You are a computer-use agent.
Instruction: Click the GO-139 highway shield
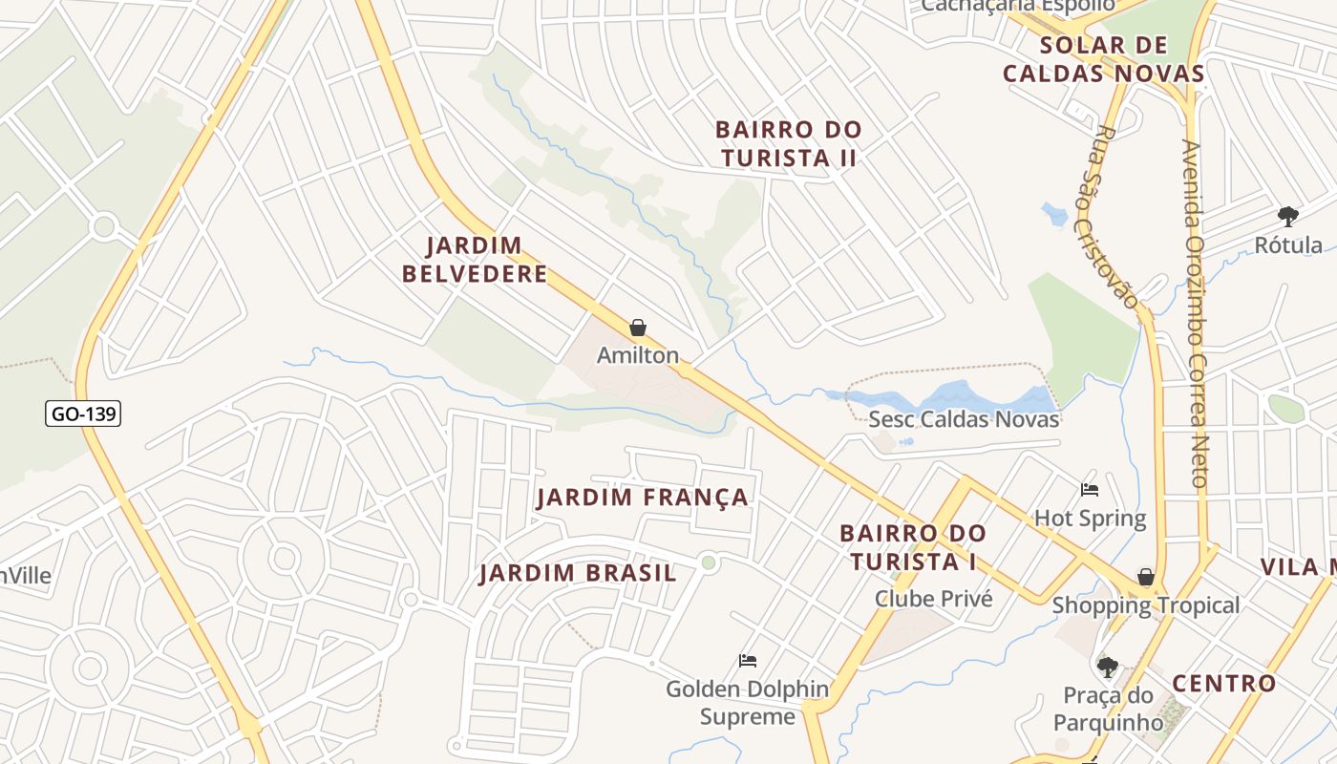[x=83, y=414]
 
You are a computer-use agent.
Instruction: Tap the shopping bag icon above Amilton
[x=638, y=329]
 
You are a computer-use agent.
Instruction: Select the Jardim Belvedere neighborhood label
[x=475, y=260]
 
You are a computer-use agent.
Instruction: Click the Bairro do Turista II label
[x=789, y=144]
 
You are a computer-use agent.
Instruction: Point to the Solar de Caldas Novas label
[x=1103, y=59]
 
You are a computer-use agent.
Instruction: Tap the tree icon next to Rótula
[x=1287, y=216]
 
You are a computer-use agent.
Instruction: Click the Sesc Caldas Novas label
[x=964, y=419]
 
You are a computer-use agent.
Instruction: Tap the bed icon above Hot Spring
[x=1090, y=490]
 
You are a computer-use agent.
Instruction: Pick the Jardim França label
[x=642, y=498]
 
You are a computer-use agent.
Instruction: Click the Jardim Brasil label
[x=578, y=573]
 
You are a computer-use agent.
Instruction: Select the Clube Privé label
[x=934, y=599]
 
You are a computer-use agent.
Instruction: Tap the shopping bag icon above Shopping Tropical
[x=1145, y=577]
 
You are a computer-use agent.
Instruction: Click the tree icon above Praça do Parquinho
[x=1107, y=667]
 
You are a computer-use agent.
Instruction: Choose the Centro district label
[x=1223, y=683]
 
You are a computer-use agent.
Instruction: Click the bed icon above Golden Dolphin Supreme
[x=748, y=661]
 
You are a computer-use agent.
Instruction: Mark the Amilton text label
[x=638, y=355]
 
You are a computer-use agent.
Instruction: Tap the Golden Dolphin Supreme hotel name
[x=748, y=703]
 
